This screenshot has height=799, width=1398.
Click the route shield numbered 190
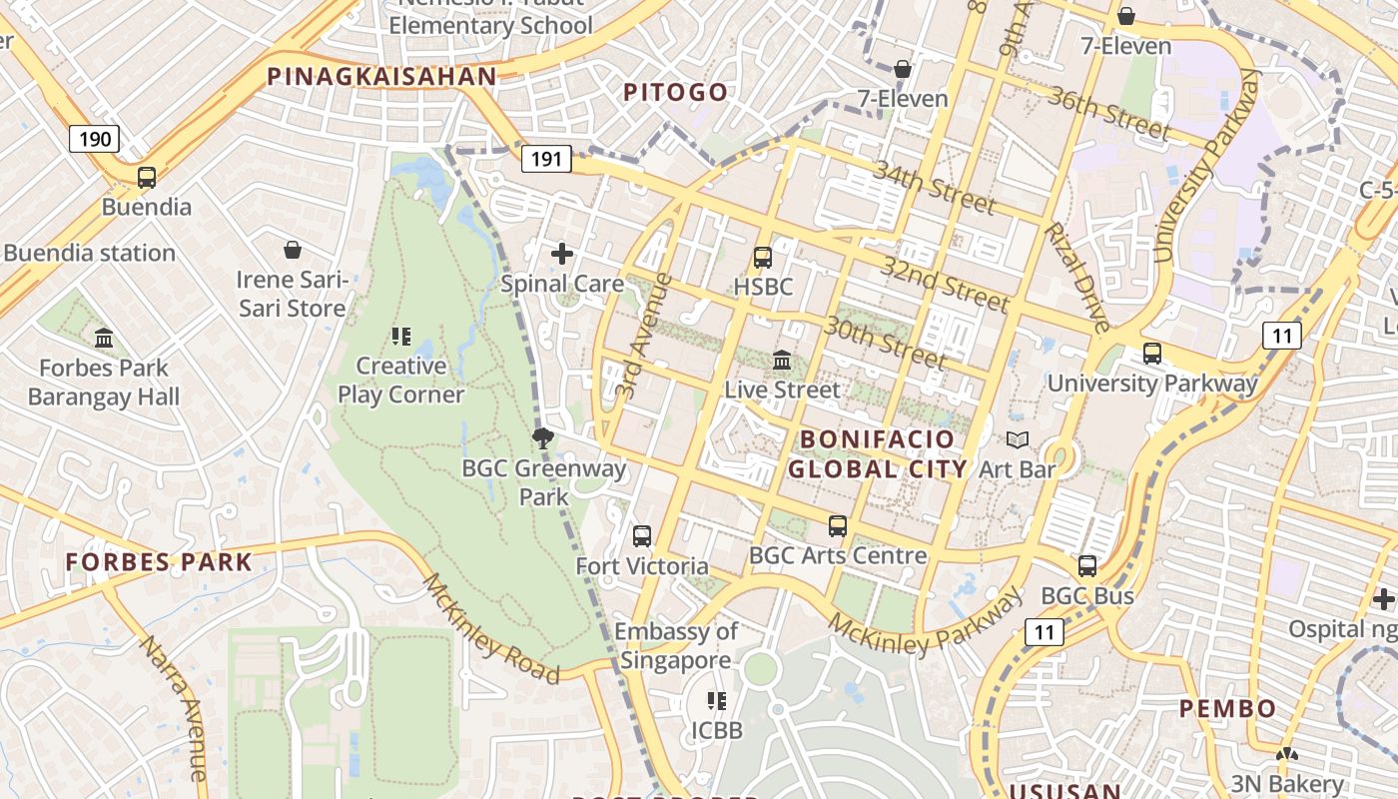coord(95,139)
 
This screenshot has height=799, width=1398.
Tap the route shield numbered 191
coord(546,158)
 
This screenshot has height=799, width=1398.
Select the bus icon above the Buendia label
coord(147,178)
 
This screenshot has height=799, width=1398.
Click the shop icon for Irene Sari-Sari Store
coord(293,249)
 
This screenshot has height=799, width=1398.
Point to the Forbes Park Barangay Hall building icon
coord(104,339)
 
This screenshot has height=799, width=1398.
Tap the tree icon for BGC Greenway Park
coord(543,437)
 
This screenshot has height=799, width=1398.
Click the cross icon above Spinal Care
coord(562,254)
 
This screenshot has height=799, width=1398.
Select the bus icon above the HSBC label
coord(763,257)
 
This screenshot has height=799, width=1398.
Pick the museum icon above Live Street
coord(783,360)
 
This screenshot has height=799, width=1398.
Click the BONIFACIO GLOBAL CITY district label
coord(878,453)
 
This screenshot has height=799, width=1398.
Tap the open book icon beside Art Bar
coord(1018,439)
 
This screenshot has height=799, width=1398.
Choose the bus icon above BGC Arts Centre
coord(838,525)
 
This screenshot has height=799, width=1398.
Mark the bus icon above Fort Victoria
coord(642,536)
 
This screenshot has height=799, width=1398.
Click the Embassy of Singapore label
coord(676,645)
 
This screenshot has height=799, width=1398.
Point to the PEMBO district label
coord(1227,709)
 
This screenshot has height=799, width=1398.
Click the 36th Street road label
coord(1109,111)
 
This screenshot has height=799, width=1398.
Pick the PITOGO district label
coord(676,93)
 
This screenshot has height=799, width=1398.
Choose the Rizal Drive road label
coord(1076,277)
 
